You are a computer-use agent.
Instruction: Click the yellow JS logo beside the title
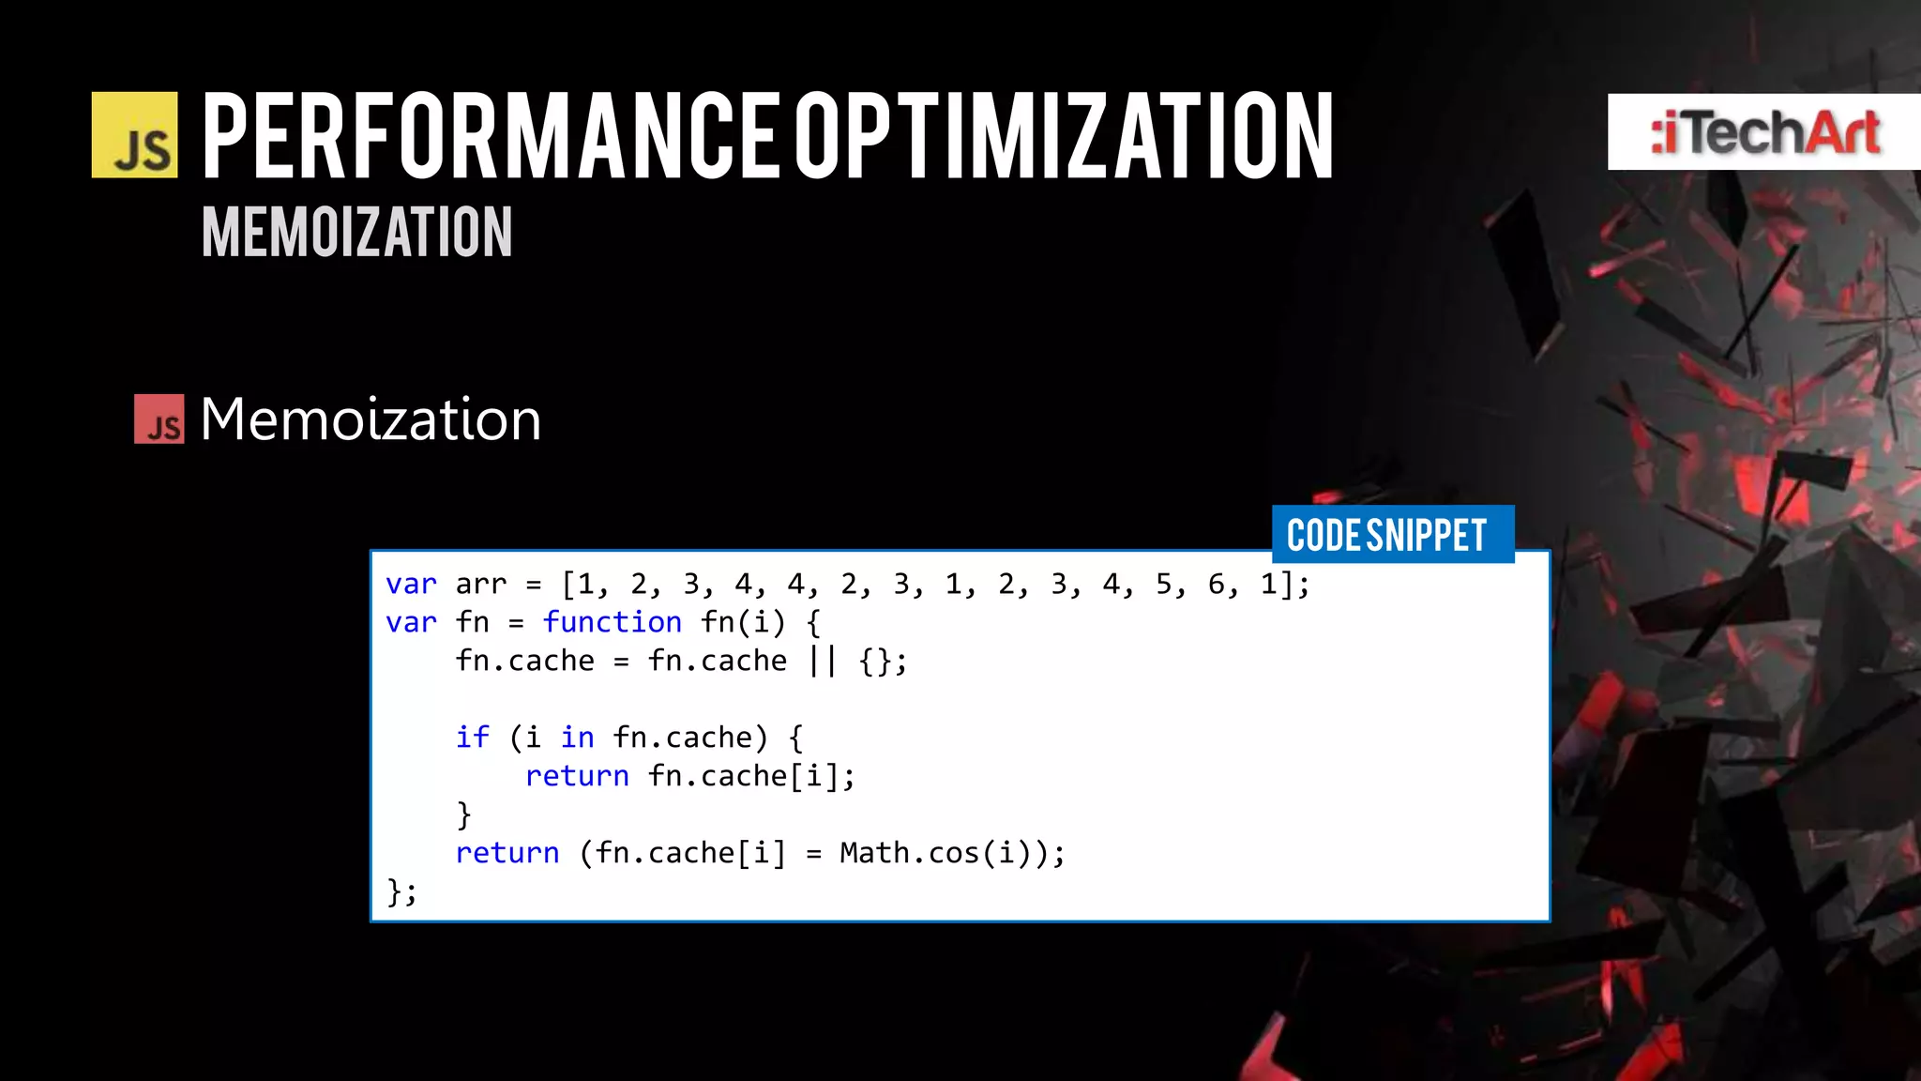click(134, 135)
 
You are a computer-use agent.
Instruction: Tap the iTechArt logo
click(1764, 132)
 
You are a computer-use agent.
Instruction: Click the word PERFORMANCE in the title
click(491, 137)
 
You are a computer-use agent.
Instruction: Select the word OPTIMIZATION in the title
click(1065, 137)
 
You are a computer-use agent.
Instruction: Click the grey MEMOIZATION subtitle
click(356, 232)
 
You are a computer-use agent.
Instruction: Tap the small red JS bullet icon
click(159, 419)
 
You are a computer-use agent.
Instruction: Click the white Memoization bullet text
click(371, 419)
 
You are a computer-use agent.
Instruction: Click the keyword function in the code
click(612, 622)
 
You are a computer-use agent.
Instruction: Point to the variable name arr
click(480, 585)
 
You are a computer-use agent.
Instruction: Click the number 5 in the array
click(1164, 585)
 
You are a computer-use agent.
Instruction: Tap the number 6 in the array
click(1217, 585)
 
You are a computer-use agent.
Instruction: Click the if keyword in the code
click(472, 738)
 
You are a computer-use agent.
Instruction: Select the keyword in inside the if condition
click(577, 738)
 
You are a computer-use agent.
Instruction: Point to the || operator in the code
click(822, 661)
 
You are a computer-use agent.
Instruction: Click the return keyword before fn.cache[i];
click(577, 776)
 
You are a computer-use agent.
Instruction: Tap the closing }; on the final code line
click(401, 891)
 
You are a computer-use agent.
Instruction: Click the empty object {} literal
click(875, 661)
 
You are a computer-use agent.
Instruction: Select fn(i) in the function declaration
click(742, 622)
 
